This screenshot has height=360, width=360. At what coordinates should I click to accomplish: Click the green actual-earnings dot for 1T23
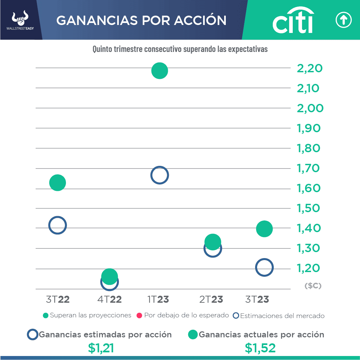coord(160,71)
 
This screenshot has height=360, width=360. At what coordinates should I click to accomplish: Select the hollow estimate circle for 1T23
coord(160,175)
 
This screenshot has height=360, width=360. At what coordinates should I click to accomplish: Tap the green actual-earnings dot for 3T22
coord(58,182)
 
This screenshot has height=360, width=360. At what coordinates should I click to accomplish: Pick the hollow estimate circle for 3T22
coord(58,225)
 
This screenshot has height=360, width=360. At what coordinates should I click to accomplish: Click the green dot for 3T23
coord(264,229)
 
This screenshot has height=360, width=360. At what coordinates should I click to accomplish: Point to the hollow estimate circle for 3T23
coord(264,267)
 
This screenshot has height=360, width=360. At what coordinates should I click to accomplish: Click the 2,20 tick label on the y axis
coord(310,69)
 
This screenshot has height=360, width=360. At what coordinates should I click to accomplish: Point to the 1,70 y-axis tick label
coord(308,168)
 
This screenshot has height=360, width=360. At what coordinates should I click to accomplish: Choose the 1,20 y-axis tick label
coord(308,268)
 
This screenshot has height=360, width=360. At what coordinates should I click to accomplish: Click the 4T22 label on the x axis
coord(110,299)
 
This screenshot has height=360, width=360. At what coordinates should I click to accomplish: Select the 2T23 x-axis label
coord(211,299)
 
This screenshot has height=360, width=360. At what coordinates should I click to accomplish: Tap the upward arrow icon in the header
coord(343,20)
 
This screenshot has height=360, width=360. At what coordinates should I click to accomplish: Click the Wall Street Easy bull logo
coord(20,20)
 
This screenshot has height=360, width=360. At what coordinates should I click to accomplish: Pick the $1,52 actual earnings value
coord(260,348)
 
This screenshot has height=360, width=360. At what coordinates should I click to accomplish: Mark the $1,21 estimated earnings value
coord(101,348)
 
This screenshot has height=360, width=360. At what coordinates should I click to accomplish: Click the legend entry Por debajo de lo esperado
coord(183,315)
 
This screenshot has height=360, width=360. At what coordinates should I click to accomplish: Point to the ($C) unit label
coord(313,286)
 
